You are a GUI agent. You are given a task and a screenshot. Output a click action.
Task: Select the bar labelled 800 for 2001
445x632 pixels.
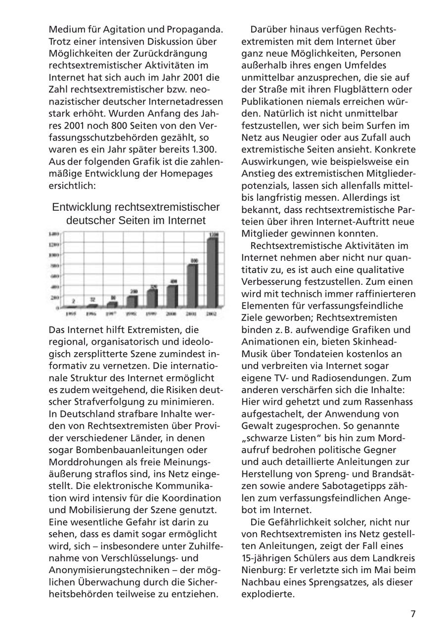(193, 285)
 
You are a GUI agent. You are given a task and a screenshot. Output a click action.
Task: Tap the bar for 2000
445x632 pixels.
(172, 296)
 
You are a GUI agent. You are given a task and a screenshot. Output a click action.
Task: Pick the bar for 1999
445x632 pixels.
(152, 298)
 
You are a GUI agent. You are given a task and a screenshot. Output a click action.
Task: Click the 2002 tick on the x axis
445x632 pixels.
(211, 314)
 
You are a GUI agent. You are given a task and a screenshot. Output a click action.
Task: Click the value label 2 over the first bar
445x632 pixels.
(73, 301)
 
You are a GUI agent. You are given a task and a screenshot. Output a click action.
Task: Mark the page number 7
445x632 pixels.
(413, 614)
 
